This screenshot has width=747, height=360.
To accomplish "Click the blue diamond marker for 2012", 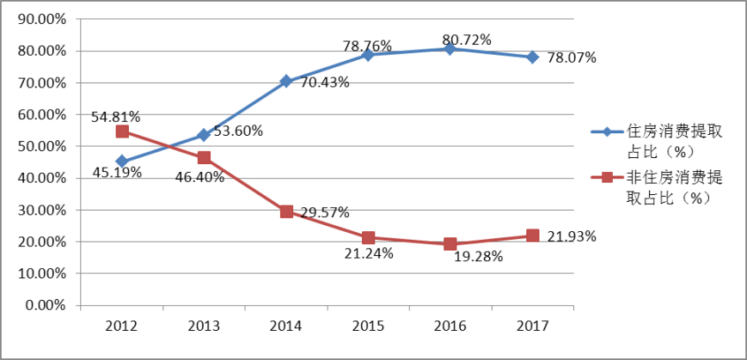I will pos(122,161).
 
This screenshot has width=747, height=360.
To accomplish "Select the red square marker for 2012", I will pos(122,131).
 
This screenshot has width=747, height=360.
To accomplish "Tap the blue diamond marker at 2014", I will pos(286,82).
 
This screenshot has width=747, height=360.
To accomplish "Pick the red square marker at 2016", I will pos(450,244).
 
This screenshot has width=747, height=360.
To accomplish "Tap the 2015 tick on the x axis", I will pos(368,326).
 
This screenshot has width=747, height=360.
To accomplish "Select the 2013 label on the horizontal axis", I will pos(204,326).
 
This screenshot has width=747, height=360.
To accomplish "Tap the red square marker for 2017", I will pos(533,235).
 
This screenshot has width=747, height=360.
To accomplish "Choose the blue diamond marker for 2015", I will pos(368,55).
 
